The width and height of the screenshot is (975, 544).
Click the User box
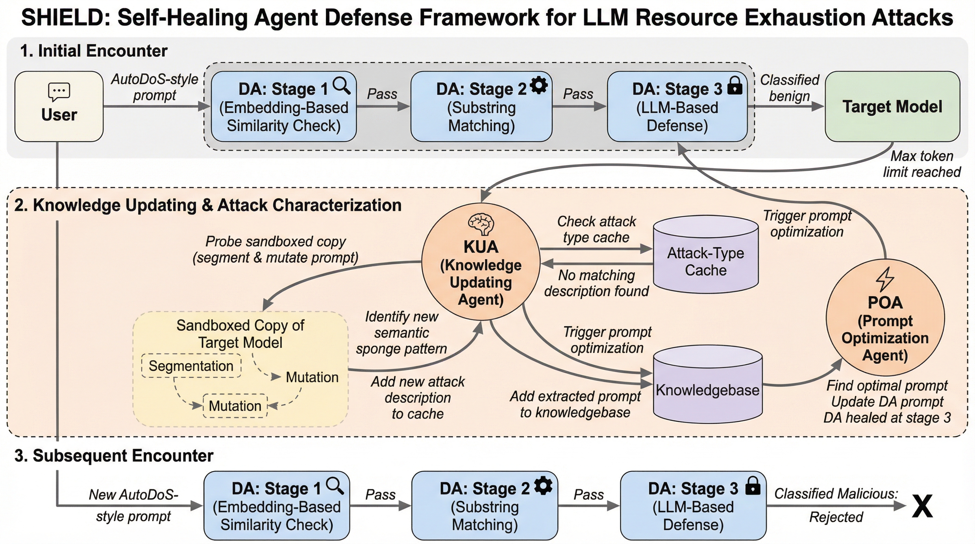click(x=59, y=106)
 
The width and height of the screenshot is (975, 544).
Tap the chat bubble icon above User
click(x=59, y=91)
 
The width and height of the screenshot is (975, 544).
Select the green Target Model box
click(x=892, y=106)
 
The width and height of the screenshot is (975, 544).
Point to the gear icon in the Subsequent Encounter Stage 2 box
click(x=543, y=486)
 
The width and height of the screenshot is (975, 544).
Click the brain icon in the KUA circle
click(x=481, y=224)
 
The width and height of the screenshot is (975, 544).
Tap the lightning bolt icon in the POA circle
click(x=885, y=279)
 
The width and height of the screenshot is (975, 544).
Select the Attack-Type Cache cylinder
click(x=706, y=256)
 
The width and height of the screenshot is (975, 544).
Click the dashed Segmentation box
click(x=191, y=366)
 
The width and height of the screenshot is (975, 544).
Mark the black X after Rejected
click(x=922, y=506)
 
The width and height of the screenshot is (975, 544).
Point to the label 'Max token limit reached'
click(x=922, y=164)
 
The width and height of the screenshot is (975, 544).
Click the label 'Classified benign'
click(x=790, y=88)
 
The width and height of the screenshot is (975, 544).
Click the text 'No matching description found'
click(x=596, y=283)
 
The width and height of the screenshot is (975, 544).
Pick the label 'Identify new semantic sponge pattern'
click(x=401, y=333)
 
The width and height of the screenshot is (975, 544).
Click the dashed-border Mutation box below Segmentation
click(x=235, y=406)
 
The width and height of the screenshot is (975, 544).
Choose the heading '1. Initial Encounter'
click(x=94, y=51)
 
